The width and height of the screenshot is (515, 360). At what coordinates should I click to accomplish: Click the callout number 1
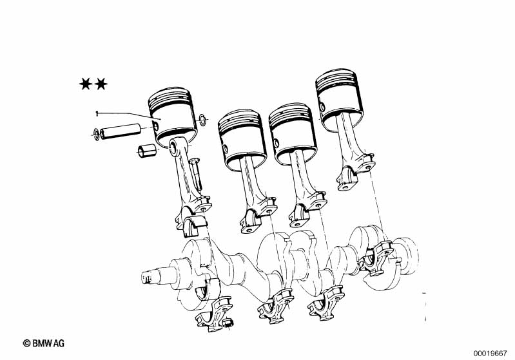click(97, 113)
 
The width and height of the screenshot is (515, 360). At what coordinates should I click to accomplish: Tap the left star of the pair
click(86, 84)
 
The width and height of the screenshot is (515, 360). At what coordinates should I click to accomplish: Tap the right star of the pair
click(101, 84)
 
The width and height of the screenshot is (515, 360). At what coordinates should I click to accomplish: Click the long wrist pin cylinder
click(121, 131)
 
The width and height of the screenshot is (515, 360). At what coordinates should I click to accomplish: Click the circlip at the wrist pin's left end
click(96, 134)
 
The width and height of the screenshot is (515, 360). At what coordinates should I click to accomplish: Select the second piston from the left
click(242, 139)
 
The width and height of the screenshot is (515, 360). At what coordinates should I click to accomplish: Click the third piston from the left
click(293, 133)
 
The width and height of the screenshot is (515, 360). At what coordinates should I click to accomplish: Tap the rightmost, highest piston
click(339, 100)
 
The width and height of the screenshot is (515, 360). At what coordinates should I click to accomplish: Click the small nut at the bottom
click(228, 323)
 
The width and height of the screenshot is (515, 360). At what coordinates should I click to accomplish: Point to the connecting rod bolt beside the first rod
click(197, 174)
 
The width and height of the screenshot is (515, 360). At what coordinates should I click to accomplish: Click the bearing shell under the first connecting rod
click(195, 227)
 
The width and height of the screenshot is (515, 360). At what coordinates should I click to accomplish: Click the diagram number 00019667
click(490, 354)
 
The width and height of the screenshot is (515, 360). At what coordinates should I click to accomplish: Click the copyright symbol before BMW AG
click(27, 343)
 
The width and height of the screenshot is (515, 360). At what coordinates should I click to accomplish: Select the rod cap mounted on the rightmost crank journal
click(377, 258)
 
